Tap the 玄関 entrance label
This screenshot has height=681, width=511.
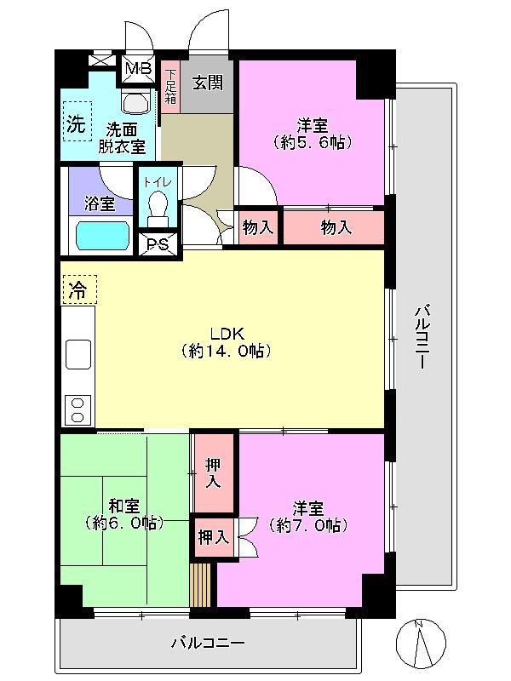pos(205,83)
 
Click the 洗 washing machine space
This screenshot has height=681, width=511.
pos(77,124)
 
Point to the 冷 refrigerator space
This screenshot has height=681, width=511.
pos(78,289)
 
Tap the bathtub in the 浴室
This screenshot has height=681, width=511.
pos(101,235)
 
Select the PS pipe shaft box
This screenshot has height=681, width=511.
pos(158,245)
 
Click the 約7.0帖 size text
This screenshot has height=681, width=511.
pos(307,526)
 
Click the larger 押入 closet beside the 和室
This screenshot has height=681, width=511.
pos(213,473)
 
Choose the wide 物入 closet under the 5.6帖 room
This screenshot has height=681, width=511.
pos(334,227)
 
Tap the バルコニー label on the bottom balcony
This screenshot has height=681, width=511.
pos(208,643)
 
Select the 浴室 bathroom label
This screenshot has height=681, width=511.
pos(100,203)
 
